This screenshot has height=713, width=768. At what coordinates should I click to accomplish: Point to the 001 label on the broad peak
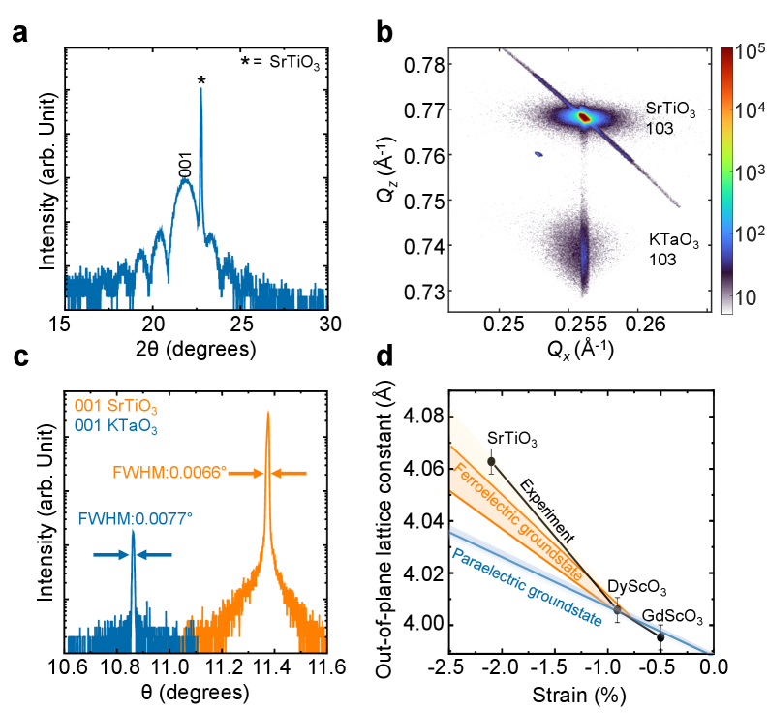186,167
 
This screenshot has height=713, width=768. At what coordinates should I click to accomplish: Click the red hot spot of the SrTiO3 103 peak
584,117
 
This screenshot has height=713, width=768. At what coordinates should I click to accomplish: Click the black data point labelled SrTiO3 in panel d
491,461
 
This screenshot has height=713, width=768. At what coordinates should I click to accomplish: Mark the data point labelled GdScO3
660,636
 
